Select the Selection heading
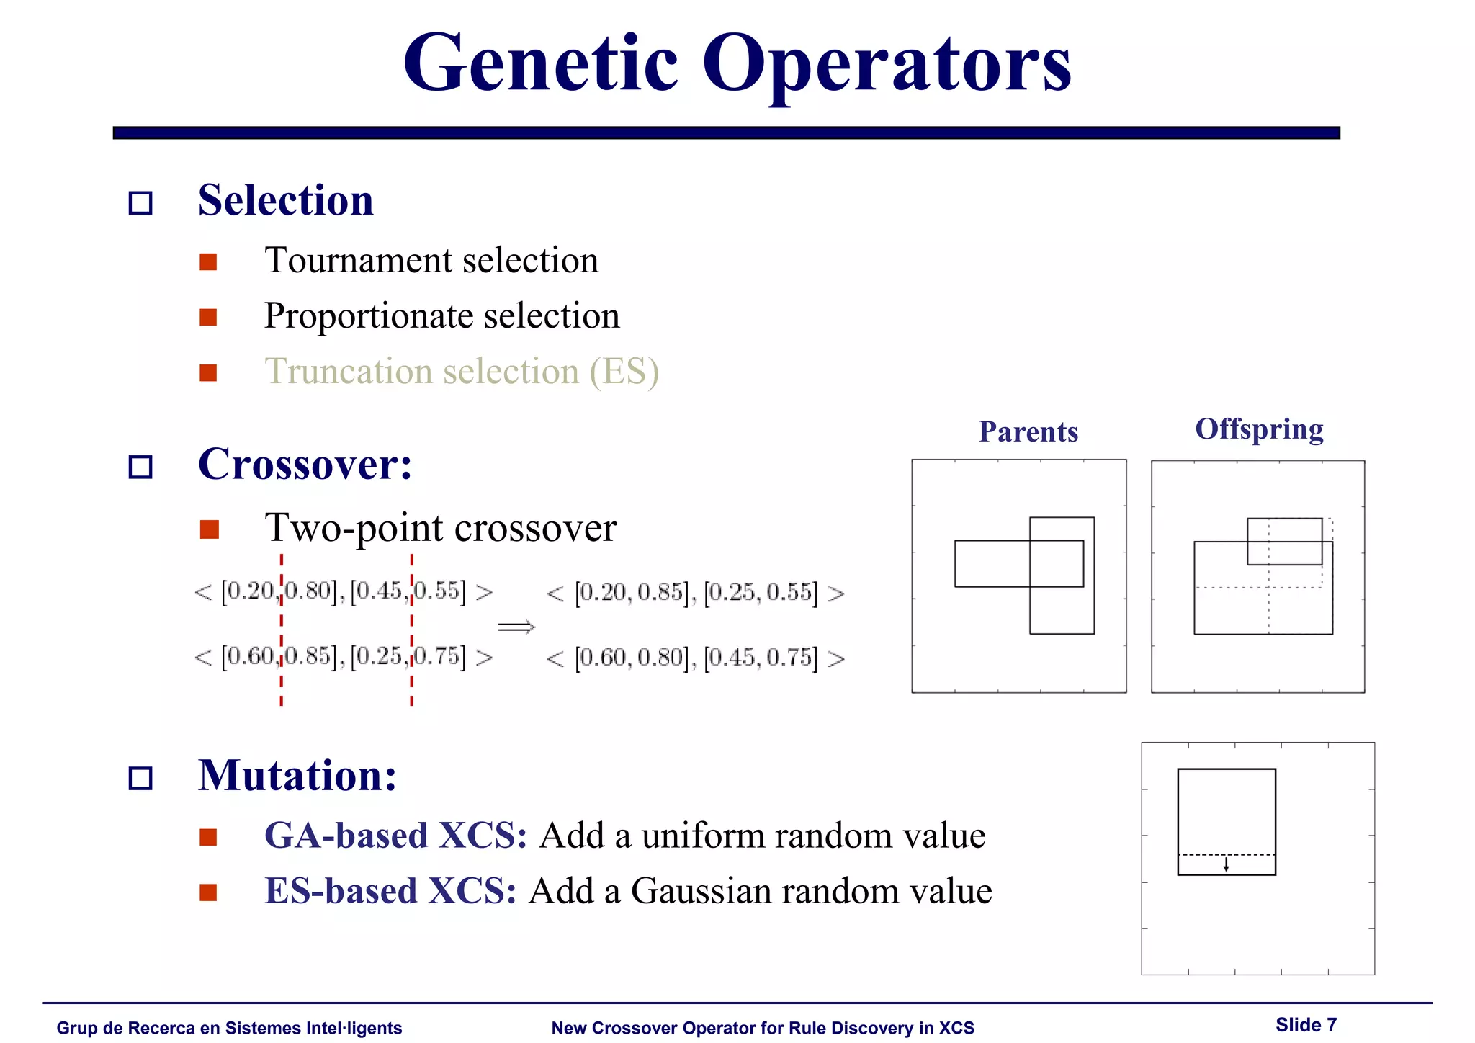pyautogui.click(x=286, y=200)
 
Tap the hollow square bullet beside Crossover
pyautogui.click(x=140, y=467)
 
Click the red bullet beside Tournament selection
pyautogui.click(x=208, y=261)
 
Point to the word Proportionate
pyautogui.click(x=367, y=316)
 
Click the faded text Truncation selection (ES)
pyautogui.click(x=461, y=372)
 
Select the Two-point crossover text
pyautogui.click(x=440, y=528)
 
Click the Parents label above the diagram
pyautogui.click(x=1028, y=431)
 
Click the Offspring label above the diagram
pyautogui.click(x=1259, y=429)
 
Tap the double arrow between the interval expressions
pyautogui.click(x=516, y=627)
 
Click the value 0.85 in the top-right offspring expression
pyautogui.click(x=660, y=593)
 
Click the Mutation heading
pyautogui.click(x=297, y=776)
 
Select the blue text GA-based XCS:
pyautogui.click(x=395, y=836)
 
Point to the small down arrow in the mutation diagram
pyautogui.click(x=1226, y=864)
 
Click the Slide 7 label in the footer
pyautogui.click(x=1305, y=1025)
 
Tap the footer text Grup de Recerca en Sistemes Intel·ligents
pyautogui.click(x=229, y=1028)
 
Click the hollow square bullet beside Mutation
pyautogui.click(x=140, y=779)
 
